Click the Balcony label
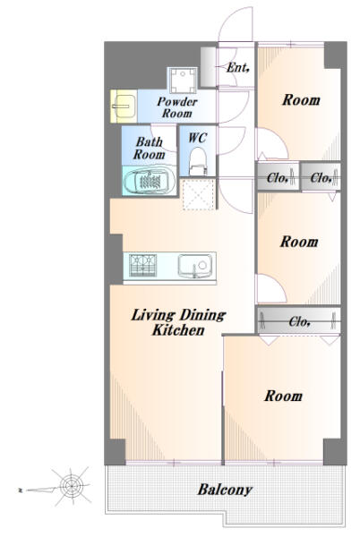tap(225, 490)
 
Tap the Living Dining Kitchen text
tap(178, 322)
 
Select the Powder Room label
tap(177, 107)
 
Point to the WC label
tap(198, 138)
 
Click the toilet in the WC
tap(198, 161)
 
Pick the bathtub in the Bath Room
tap(149, 181)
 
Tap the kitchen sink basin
tap(194, 266)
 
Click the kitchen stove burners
tap(142, 266)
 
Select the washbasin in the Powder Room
tap(124, 107)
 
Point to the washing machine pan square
tap(183, 81)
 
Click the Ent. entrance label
tap(237, 67)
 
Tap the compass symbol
tap(72, 486)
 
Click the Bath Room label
tap(149, 149)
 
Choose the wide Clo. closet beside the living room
tap(299, 321)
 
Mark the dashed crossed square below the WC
tap(199, 194)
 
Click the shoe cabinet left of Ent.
tap(208, 67)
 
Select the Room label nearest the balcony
tap(283, 396)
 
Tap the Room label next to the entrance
tap(301, 100)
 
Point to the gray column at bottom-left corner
tap(115, 451)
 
